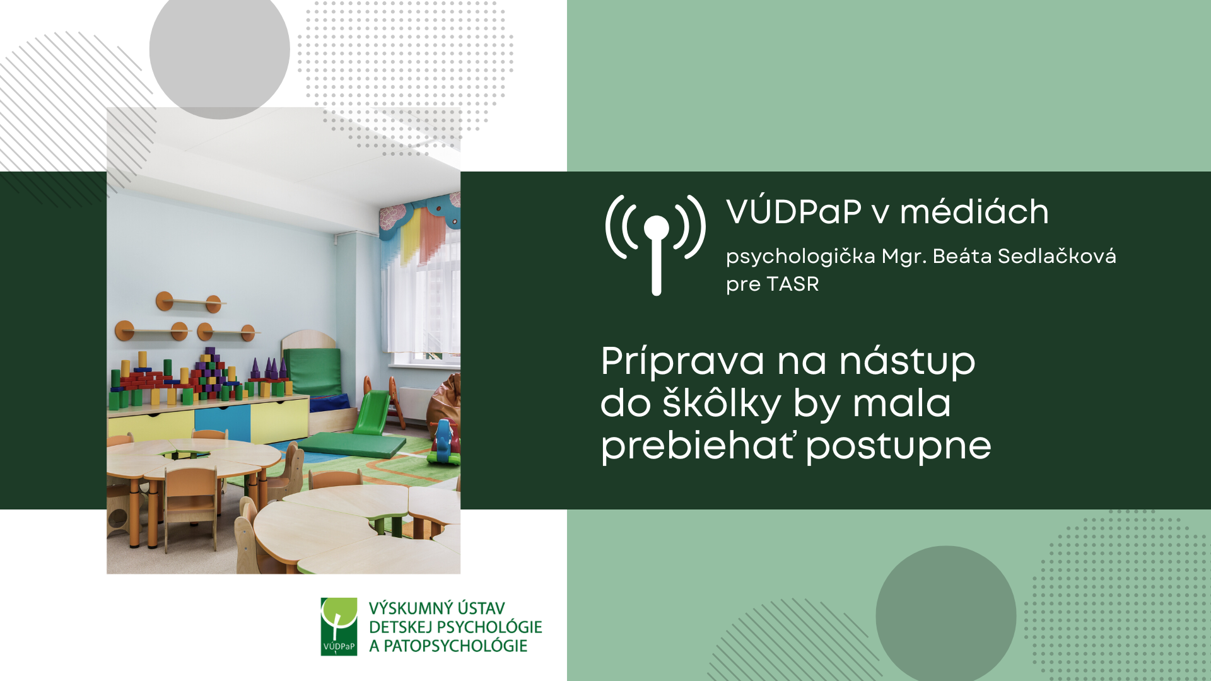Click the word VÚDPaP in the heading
[x=793, y=211]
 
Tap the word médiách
[x=974, y=211]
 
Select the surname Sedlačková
[x=1057, y=256]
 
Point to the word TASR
[x=793, y=284]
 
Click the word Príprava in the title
[x=682, y=363]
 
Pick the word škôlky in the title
[x=722, y=404]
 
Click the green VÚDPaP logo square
[x=339, y=626]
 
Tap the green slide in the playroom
[x=372, y=412]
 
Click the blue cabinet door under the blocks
[x=223, y=423]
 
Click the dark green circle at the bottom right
[x=946, y=615]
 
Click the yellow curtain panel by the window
[x=411, y=236]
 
